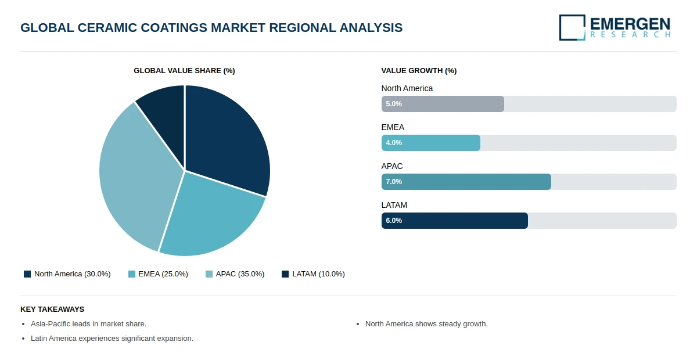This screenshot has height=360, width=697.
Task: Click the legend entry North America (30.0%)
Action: (67, 274)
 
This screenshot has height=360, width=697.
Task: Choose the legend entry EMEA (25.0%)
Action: (158, 274)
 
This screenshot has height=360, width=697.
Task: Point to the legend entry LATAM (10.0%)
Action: (313, 274)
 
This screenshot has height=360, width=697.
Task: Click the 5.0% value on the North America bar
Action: (394, 104)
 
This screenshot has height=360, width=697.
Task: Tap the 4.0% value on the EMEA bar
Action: (394, 143)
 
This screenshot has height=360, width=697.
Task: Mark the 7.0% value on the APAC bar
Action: (394, 182)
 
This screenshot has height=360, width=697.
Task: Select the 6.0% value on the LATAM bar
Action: (394, 221)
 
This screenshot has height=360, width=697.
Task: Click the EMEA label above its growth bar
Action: (393, 127)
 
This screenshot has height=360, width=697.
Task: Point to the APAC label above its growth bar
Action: (392, 166)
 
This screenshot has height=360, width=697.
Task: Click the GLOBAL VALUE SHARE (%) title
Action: (184, 71)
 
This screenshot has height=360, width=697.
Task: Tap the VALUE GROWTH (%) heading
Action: (419, 71)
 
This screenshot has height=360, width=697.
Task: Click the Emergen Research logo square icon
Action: (572, 27)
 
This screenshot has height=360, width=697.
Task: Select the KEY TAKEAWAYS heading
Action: (52, 309)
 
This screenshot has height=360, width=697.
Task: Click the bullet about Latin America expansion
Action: (112, 338)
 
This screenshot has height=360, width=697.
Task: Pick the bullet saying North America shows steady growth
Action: (426, 324)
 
